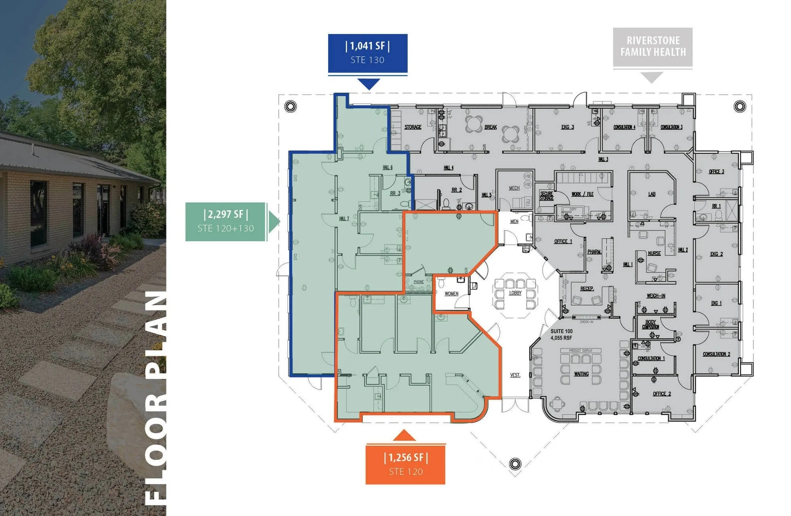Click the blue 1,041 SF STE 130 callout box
pos(367,53)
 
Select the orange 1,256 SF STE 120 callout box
pos(405,464)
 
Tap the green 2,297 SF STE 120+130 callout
pos(225,221)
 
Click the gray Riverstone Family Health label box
pos(653,47)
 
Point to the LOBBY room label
pos(515,293)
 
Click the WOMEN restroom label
pos(451,294)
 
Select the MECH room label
pos(514,188)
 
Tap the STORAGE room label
pos(413,127)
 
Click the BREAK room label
pos(490,127)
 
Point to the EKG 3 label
pos(567,127)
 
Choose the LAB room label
pos(652,194)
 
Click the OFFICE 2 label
pos(662,394)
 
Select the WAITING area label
pos(581,374)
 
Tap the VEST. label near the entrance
pos(515,375)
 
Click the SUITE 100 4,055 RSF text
pos(561,335)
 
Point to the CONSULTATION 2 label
pos(716,354)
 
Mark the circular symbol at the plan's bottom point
pos(515,463)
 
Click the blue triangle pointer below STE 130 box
pos(369,83)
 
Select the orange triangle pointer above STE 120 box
pos(404,436)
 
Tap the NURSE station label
pos(654,253)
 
